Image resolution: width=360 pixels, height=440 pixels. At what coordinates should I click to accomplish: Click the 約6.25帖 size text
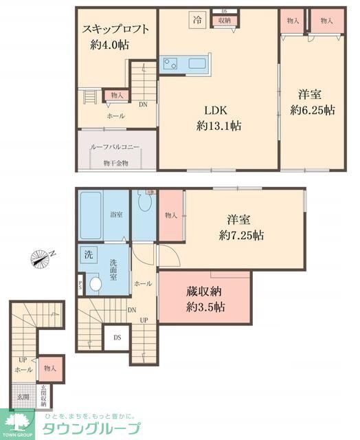point(312,110)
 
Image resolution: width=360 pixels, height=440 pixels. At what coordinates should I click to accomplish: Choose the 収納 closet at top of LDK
point(224,21)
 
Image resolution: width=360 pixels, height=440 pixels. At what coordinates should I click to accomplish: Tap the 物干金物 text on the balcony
point(115,163)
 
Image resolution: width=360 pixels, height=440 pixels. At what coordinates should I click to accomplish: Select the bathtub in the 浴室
point(93,214)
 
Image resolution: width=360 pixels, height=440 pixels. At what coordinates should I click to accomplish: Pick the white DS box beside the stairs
point(117,337)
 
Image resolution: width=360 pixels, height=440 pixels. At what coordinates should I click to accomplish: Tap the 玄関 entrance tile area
point(23,397)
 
